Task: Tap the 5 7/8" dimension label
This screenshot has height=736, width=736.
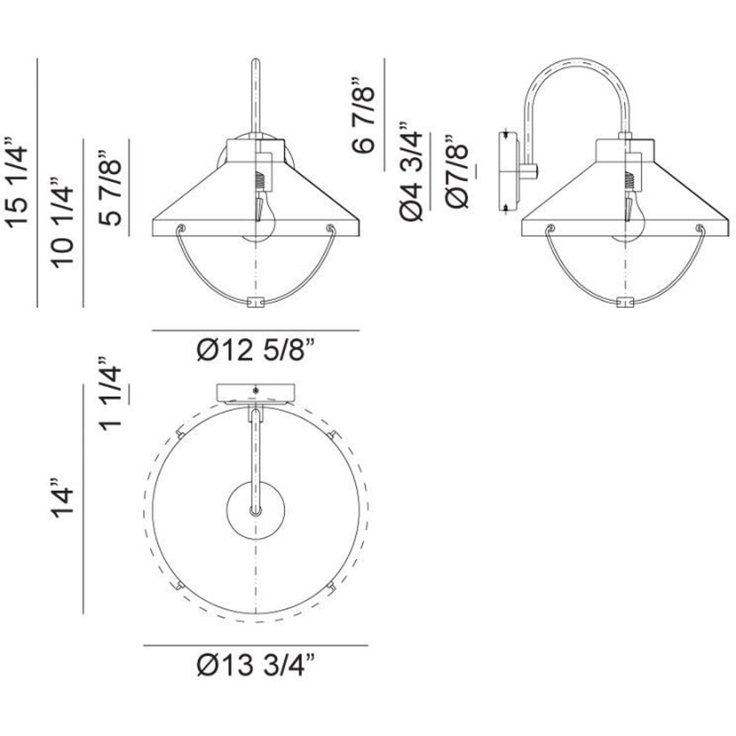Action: (110, 187)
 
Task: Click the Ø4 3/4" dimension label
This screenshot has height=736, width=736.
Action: (411, 172)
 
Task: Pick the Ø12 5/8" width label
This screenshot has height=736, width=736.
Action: (256, 350)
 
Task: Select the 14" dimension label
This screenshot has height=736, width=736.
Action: (63, 497)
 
